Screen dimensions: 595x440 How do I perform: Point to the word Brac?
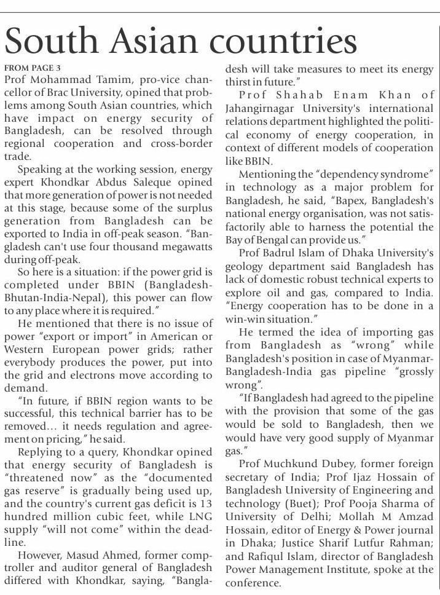pyautogui.click(x=55, y=93)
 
